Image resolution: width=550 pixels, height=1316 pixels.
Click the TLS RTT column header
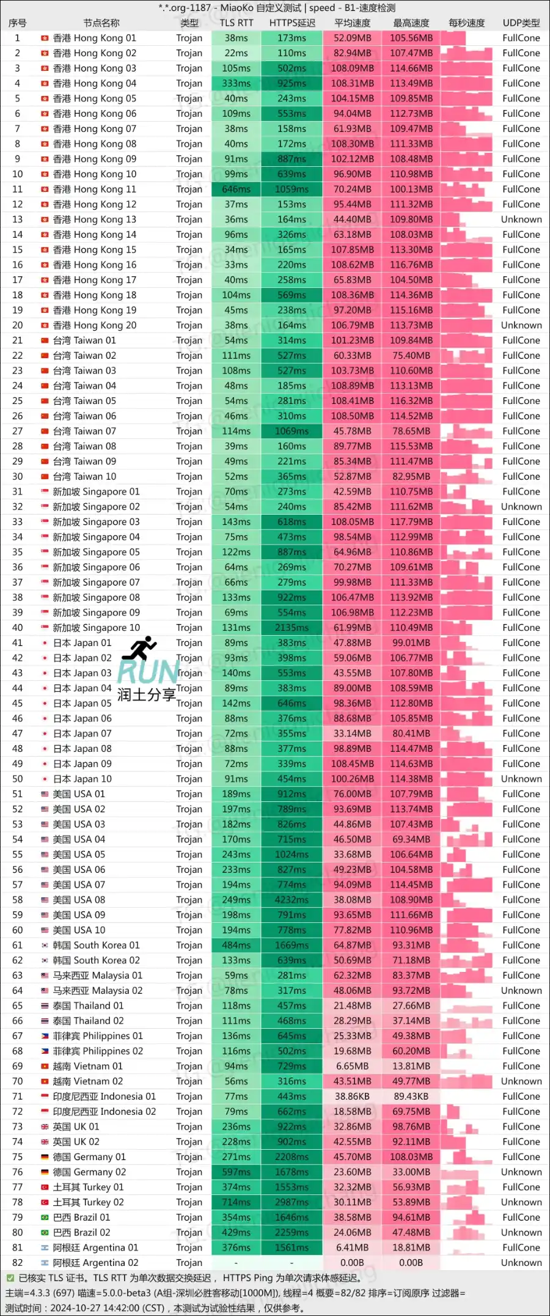237,23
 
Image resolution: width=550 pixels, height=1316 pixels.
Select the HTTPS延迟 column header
292,23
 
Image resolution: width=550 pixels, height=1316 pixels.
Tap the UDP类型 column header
521,23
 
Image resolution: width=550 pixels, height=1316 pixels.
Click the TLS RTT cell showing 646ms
237,189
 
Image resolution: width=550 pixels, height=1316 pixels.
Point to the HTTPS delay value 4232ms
291,900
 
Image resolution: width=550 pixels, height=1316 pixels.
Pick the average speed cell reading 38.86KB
352,1097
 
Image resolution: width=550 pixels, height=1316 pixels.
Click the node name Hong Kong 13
95,219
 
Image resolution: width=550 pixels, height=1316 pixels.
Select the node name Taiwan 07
84,431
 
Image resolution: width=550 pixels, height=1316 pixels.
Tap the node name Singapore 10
96,628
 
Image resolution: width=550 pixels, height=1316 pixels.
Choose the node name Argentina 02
95,1263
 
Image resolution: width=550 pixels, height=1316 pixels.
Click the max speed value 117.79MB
411,522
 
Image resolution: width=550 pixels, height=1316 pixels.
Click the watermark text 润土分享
147,694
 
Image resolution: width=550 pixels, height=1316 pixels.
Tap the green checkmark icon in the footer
10,1277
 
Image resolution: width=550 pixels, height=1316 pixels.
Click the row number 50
18,779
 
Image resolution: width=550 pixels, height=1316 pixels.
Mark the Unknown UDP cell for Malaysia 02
521,991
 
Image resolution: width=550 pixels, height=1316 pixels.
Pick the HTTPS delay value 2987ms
291,1202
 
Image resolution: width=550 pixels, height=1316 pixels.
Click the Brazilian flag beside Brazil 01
45,1218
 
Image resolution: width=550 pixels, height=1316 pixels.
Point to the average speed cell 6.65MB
352,1066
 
